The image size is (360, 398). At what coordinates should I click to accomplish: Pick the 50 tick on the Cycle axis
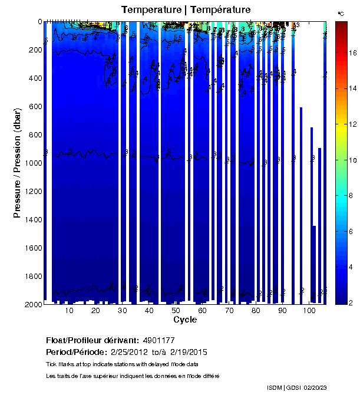[x=176, y=311]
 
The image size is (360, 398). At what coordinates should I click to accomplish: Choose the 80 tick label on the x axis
[x=256, y=311]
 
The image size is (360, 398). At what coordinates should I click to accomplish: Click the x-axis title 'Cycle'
[x=185, y=320]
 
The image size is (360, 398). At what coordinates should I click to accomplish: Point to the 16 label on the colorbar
[x=352, y=52]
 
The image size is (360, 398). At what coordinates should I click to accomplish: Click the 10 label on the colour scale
[x=352, y=160]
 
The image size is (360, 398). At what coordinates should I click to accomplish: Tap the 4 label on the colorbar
[x=352, y=268]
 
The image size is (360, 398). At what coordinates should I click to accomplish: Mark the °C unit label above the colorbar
[x=341, y=13]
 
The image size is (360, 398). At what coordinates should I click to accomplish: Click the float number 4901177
[x=158, y=340]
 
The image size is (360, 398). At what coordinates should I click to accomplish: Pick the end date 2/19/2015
[x=188, y=352]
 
